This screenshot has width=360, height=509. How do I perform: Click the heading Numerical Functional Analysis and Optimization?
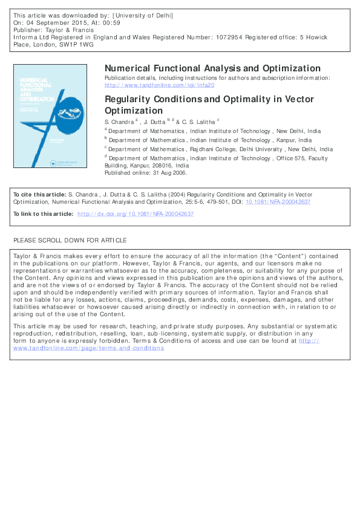[212, 68]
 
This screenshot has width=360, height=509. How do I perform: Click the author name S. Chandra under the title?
[119, 122]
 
